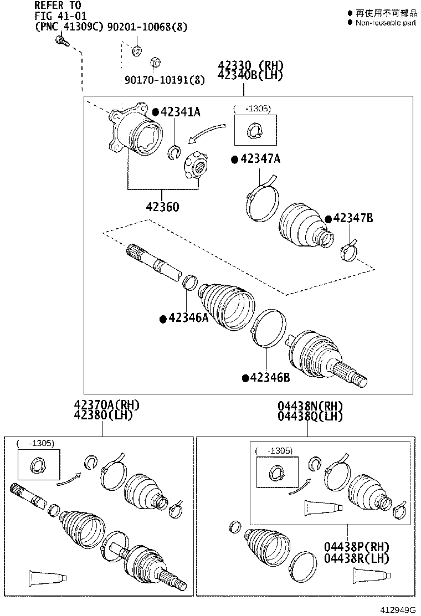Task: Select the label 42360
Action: click(162, 207)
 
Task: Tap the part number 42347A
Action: click(260, 160)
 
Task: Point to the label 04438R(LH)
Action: click(357, 558)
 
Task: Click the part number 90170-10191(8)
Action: click(165, 80)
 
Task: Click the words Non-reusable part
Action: click(386, 23)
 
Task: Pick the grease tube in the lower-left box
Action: click(47, 578)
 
